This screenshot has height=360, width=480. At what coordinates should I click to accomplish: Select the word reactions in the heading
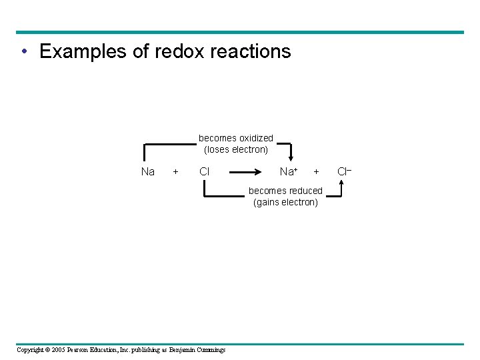tap(251, 51)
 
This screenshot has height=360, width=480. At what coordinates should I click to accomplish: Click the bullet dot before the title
tap(24, 52)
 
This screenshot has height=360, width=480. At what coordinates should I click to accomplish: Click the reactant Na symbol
tap(148, 172)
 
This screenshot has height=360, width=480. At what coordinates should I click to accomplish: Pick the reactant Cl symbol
tap(205, 172)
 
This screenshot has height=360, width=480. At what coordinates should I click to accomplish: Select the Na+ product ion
tap(289, 172)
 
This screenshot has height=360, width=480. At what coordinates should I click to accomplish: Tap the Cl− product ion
tap(344, 172)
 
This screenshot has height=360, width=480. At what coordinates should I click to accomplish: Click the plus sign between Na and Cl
tap(175, 172)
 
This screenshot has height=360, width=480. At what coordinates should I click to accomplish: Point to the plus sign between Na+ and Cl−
tap(317, 172)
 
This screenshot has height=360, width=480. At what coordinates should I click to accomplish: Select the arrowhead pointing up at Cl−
tap(341, 182)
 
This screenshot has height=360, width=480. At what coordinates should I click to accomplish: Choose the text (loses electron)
tap(236, 149)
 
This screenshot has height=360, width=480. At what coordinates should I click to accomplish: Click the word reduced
tap(303, 191)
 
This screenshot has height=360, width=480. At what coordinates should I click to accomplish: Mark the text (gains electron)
tap(285, 202)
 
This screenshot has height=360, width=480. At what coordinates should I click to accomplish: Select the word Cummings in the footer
tap(210, 350)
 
